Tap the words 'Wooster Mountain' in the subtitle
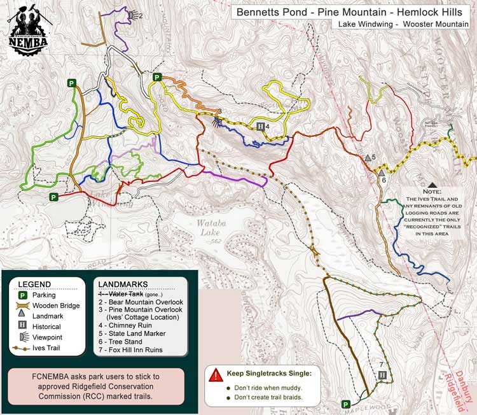pos(434,26)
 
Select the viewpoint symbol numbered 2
pos(132,14)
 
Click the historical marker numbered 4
pos(260,126)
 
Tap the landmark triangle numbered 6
pos(381,172)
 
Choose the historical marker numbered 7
pos(382,375)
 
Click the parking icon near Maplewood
pos(346,404)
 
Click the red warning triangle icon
pos(217,374)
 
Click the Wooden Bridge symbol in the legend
pos(24,305)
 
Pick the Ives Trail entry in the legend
pos(24,348)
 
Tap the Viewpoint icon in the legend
pos(24,337)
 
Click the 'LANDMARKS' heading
pos(121,284)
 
